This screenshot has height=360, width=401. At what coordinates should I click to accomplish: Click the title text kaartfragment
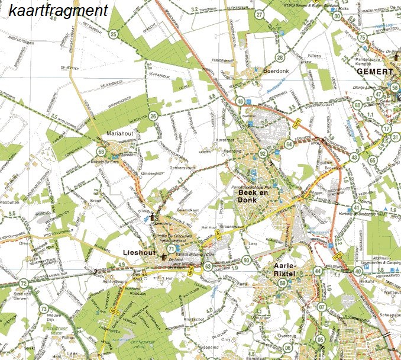click(59, 11)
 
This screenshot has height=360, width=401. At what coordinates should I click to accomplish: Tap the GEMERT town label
click(375, 71)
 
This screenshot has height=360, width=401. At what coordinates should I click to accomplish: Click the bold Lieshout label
click(139, 253)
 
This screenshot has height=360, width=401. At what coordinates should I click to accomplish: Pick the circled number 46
click(240, 102)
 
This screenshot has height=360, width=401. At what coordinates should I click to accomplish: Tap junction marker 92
click(262, 154)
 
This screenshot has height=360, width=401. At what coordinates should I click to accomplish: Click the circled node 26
click(154, 117)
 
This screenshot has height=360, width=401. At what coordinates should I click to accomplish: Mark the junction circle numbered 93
click(246, 261)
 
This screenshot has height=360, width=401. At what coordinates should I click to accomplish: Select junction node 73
click(43, 308)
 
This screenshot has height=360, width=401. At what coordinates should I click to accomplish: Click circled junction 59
click(283, 284)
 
